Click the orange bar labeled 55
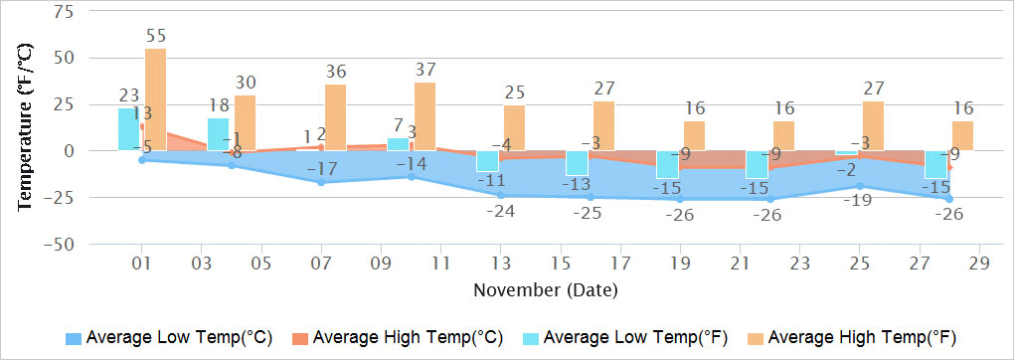point(155,99)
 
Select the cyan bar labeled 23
point(128,129)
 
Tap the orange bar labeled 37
point(424,116)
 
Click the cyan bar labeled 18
point(218,134)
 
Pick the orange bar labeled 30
point(245,122)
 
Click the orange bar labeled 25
point(514,127)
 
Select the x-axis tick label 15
point(561,265)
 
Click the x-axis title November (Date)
point(545,290)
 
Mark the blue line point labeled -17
point(321,182)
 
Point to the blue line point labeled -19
point(860,186)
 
